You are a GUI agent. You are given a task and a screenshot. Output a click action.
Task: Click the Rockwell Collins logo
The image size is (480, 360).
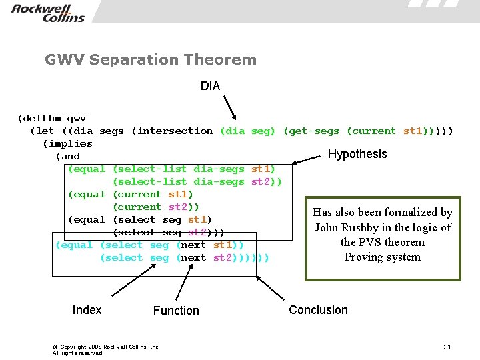point(48,13)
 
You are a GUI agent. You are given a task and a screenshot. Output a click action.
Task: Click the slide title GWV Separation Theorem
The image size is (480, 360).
point(151,60)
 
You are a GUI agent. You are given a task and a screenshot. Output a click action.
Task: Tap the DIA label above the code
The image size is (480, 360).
point(210,86)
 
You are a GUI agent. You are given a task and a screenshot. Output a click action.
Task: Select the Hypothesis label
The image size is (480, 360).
point(357,154)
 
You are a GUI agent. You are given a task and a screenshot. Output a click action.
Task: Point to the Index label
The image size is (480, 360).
point(87,309)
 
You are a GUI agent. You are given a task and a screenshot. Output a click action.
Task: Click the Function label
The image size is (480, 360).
point(176,310)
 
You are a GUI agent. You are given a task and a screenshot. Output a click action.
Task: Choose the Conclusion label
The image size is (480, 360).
point(318,309)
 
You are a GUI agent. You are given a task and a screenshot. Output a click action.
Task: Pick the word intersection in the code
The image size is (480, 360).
point(175,131)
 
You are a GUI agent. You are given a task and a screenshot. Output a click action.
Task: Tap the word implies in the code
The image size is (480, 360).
point(67,143)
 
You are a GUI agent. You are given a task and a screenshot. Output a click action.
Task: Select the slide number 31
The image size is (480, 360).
point(447,347)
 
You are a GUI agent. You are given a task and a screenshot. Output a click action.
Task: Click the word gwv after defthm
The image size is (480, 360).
point(77,118)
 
